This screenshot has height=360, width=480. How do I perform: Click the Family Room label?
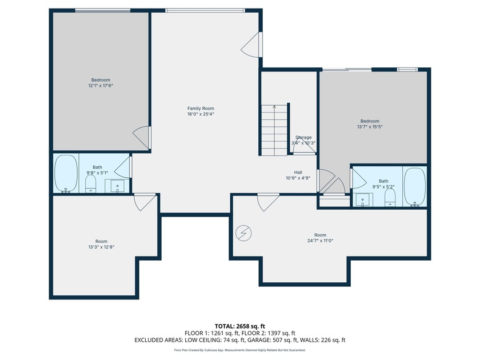pos(201,109)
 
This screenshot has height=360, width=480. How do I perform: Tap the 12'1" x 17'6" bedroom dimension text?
pos(101,86)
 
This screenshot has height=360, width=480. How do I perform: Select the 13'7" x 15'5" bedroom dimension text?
pos(370,127)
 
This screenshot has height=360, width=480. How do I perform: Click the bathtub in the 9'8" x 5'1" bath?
pos(66,174)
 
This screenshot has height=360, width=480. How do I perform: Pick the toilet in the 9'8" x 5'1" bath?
pos(91,183)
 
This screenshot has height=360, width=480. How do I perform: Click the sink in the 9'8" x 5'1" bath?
pos(118,186)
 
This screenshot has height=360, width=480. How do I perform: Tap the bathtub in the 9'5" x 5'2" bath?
pos(415,187)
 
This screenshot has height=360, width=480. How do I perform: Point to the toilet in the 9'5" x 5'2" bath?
pos(390,198)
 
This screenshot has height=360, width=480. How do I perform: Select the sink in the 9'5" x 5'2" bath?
pos(363,200)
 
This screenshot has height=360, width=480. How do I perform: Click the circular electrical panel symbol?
pos(243,233)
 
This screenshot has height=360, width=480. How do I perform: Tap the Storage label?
pos(303,138)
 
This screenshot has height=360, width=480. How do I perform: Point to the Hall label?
pos(298,173)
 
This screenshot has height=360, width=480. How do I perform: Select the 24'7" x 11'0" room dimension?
pos(320,241)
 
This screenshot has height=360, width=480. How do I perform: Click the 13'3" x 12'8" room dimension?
pos(101,247)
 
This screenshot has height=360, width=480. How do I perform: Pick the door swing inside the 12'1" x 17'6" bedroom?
pos(141,138)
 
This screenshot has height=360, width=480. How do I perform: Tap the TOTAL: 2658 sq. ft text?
pos(239,326)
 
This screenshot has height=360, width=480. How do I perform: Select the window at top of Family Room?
pos(205,10)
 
